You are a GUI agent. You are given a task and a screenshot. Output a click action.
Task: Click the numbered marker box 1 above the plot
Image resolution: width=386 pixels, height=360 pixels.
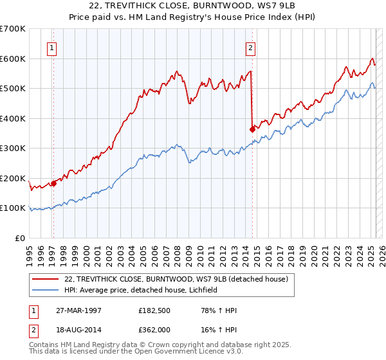[51, 46]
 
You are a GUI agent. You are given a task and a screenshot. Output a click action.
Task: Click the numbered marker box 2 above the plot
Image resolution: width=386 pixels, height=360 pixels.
[250, 46]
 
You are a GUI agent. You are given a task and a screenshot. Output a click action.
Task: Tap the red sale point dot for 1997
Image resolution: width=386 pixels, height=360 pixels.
[53, 183]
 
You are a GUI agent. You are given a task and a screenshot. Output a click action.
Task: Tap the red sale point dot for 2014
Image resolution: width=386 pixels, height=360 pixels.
[252, 129]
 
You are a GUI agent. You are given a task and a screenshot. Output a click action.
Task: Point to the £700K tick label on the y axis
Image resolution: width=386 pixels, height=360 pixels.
[13, 29]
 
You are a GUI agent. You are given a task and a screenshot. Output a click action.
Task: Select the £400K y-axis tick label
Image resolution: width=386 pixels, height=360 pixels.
[13, 118]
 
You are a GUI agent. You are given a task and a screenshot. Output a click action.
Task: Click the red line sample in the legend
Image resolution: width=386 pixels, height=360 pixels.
[46, 278]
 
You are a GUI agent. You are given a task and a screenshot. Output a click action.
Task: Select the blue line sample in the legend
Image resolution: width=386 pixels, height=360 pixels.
[46, 290]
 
